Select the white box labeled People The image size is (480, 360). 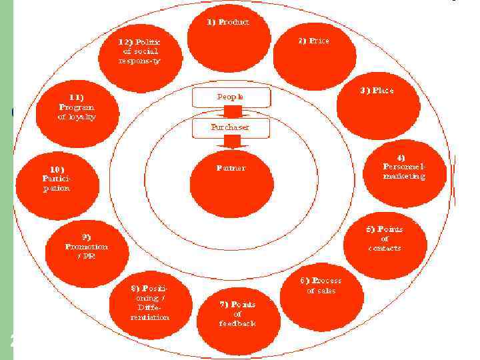tap(231, 97)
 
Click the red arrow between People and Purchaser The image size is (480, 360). tap(231, 111)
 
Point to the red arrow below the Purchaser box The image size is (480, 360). tap(231, 141)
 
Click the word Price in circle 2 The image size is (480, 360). tap(318, 41)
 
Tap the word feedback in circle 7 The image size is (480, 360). tap(237, 323)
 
